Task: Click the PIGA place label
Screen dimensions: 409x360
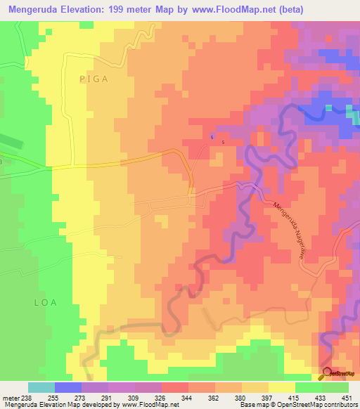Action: coord(94,79)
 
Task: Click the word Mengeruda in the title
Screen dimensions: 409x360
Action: coord(34,8)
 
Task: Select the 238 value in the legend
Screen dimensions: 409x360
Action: coord(28,397)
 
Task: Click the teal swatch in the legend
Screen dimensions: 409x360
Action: coord(41,387)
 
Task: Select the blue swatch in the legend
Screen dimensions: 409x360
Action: coord(67,387)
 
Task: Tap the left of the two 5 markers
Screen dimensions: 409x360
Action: coord(212,137)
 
